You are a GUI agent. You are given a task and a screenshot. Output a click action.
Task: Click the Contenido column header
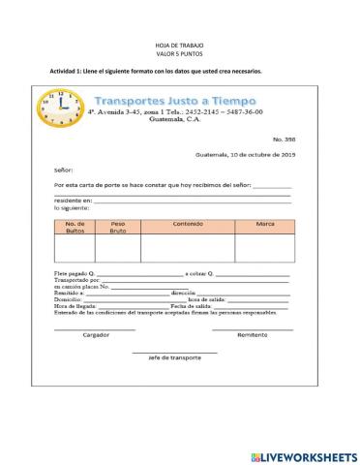(187, 224)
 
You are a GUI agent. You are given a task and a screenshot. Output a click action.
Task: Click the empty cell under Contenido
(187, 248)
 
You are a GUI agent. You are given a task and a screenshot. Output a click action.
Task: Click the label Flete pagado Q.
(76, 275)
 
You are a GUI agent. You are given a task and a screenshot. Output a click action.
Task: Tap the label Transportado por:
(77, 282)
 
